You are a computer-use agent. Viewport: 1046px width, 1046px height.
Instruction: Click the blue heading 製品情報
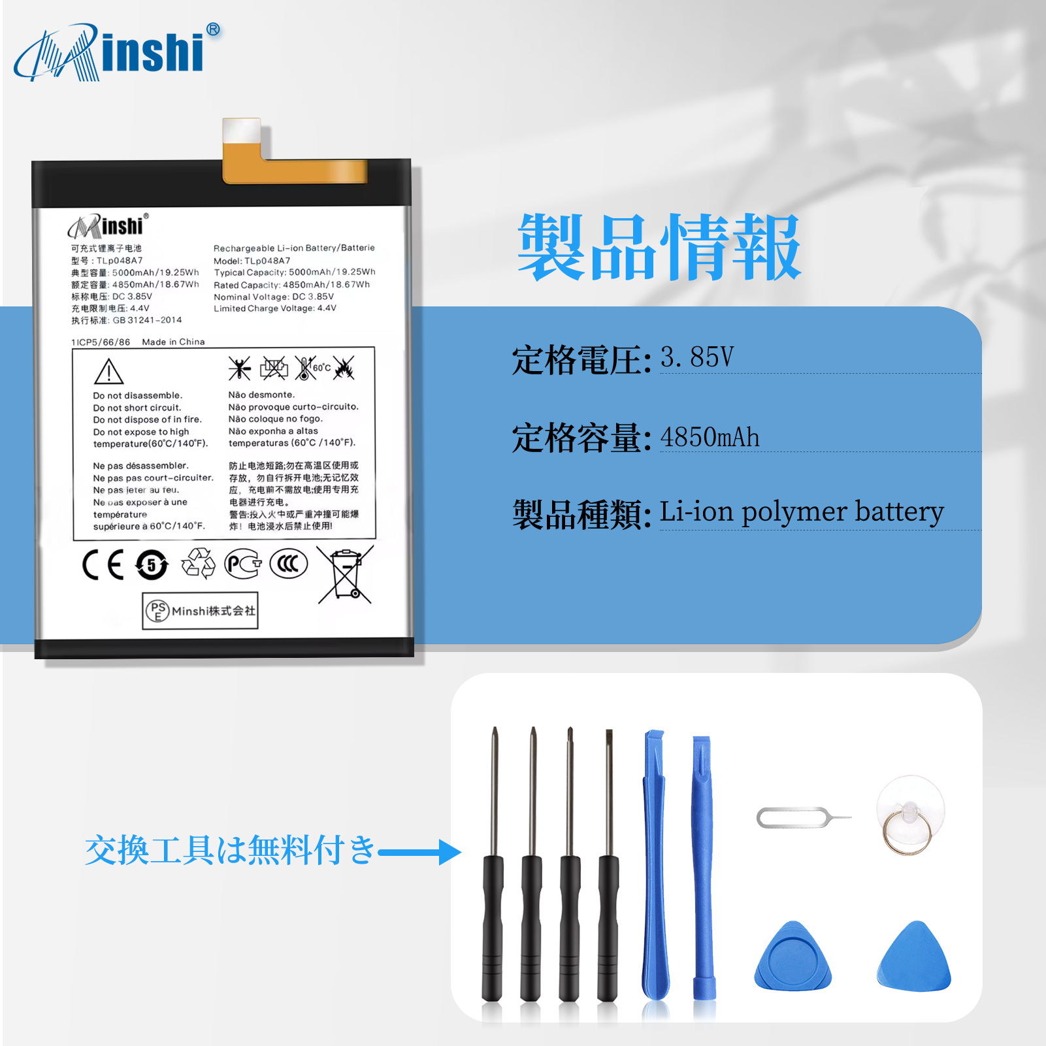659,248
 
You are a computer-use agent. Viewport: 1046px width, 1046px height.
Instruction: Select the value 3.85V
697,357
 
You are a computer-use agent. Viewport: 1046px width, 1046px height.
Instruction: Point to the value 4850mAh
710,437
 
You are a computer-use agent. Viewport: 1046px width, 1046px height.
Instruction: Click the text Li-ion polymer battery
802,512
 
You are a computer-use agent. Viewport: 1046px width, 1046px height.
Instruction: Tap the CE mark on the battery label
103,565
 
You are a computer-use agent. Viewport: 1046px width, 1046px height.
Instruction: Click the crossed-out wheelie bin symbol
346,575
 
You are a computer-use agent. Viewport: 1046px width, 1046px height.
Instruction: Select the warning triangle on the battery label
109,372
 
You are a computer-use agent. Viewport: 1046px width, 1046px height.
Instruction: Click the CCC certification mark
288,564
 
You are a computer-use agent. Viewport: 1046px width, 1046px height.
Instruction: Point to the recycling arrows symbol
199,563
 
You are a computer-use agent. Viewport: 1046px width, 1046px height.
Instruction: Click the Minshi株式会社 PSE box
200,611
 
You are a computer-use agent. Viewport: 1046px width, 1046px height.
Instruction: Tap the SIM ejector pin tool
804,817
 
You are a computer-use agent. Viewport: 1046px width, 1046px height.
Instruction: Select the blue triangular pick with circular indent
793,956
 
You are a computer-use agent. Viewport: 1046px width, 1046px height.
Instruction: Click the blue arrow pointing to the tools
419,852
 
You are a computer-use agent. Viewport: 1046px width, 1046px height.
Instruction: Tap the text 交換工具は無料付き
231,851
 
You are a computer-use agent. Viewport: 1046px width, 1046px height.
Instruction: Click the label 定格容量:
581,438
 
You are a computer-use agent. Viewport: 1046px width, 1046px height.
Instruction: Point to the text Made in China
173,342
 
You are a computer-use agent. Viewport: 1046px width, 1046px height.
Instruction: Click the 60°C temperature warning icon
312,368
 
